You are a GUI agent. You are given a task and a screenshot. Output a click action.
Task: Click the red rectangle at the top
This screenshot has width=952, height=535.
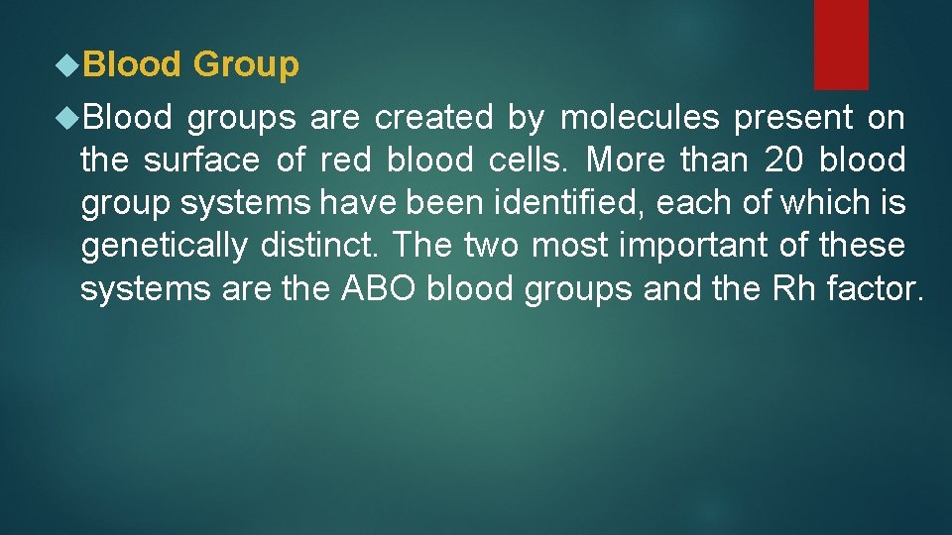(x=841, y=44)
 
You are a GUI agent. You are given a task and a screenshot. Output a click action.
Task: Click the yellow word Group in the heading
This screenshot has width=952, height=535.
(x=245, y=65)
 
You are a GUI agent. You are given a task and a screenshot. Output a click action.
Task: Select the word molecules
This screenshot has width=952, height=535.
(x=640, y=119)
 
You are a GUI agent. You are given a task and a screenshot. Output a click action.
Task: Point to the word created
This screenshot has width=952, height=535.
(x=433, y=119)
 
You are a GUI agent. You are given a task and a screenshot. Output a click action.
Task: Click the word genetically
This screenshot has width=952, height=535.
(x=164, y=246)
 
